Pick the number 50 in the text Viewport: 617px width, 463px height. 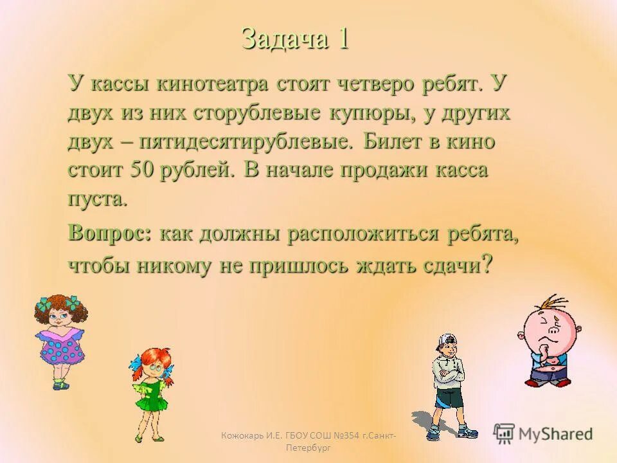tap(140, 170)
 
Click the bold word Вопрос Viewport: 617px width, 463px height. tap(109, 233)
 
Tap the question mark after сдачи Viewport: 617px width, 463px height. tap(487, 264)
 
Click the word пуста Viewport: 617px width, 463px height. tap(98, 198)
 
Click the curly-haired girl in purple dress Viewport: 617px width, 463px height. tap(60, 341)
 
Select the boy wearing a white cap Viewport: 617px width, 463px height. tap(448, 386)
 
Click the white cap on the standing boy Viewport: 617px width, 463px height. tap(447, 340)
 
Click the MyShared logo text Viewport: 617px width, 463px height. tap(555, 433)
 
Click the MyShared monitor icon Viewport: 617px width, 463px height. tap(505, 433)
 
